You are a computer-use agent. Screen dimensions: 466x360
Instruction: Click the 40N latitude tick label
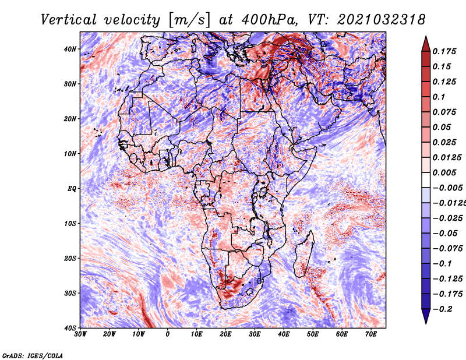tap(70, 49)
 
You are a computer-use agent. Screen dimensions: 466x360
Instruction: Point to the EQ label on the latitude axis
tap(72, 189)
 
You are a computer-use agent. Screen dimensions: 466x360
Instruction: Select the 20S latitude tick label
tap(70, 258)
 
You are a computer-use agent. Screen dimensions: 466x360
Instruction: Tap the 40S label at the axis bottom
tap(70, 328)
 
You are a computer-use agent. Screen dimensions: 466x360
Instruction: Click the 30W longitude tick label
tap(80, 334)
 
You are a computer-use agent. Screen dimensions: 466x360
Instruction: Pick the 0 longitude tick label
tap(168, 334)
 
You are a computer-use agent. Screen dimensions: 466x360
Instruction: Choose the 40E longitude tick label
tap(284, 334)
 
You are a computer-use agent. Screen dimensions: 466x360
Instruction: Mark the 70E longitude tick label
tap(371, 334)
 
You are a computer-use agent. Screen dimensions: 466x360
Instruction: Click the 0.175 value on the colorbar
tap(444, 52)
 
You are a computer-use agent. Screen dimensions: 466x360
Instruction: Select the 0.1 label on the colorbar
tap(439, 97)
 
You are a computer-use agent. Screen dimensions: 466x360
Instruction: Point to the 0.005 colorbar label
tap(444, 172)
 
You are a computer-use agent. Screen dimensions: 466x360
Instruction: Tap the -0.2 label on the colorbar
tap(442, 309)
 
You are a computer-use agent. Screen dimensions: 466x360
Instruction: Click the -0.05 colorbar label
tap(445, 234)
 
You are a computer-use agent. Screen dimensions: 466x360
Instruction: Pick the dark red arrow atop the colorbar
tap(426, 44)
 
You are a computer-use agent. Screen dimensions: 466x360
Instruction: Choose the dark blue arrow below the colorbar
tap(426, 316)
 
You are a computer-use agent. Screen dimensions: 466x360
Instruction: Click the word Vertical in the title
tap(69, 20)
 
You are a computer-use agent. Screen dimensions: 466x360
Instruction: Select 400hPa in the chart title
tap(269, 20)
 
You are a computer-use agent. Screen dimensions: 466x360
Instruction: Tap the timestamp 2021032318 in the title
tap(381, 20)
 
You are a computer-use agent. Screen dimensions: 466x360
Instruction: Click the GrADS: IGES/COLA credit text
tap(33, 356)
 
